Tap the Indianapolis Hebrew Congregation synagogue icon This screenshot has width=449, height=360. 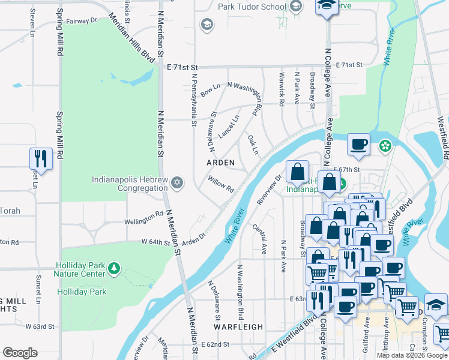pyautogui.click(x=176, y=182)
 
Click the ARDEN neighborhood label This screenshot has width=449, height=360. pyautogui.click(x=220, y=163)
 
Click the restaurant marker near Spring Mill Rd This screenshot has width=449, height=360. pyautogui.click(x=40, y=158)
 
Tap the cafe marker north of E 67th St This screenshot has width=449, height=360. pyautogui.click(x=358, y=145)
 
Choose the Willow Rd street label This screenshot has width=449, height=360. pyautogui.click(x=221, y=183)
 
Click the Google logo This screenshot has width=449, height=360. pyautogui.click(x=20, y=352)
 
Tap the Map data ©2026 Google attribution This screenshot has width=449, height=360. pyautogui.click(x=412, y=355)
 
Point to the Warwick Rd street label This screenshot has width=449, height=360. pyautogui.click(x=280, y=86)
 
